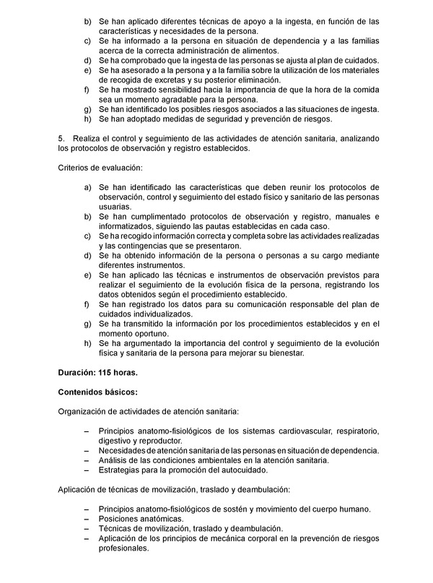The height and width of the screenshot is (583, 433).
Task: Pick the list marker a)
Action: (88, 187)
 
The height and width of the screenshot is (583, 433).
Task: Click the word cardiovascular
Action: (292, 431)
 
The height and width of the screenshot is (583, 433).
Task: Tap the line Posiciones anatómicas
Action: (141, 519)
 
